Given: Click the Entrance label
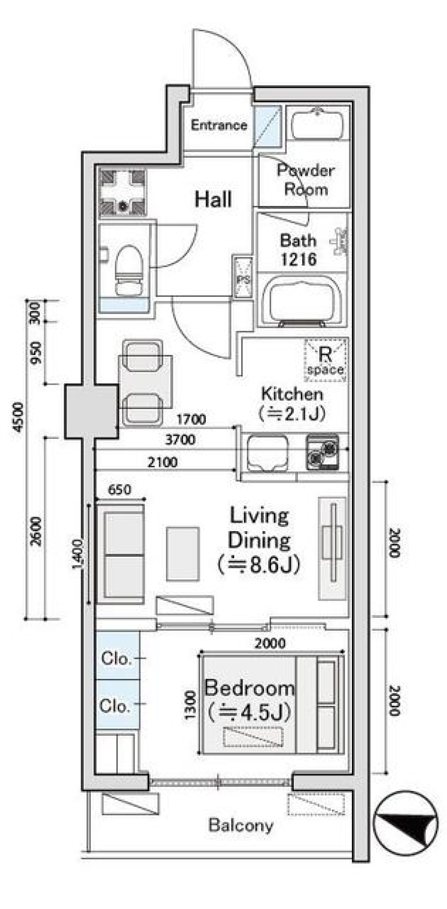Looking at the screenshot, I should tap(219, 125).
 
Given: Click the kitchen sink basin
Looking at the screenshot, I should tap(267, 452).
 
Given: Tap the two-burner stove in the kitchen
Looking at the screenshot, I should tap(322, 452).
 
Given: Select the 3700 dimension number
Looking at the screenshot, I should tap(180, 439).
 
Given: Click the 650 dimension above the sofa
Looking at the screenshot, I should tap(119, 490).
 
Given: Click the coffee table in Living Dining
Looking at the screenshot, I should tap(183, 554).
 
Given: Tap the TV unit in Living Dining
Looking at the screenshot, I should tap(332, 548).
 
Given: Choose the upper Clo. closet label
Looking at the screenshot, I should tap(115, 658).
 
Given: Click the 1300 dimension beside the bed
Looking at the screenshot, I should tap(190, 705).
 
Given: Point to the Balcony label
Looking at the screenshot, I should tap(241, 825).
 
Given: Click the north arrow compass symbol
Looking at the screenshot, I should tap(406, 823).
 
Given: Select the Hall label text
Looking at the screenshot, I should tap(213, 199).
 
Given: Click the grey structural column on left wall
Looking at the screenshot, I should tap(91, 411).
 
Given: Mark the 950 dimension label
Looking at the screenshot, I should tap(36, 353).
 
